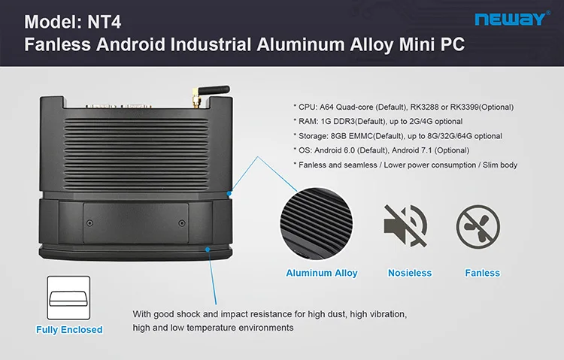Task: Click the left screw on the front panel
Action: pyautogui.click(x=89, y=222)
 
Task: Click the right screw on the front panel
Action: pyautogui.click(x=181, y=222)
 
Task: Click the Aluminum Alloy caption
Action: pyautogui.click(x=322, y=273)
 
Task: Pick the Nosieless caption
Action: pyautogui.click(x=409, y=273)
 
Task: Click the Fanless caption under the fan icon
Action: pyautogui.click(x=482, y=273)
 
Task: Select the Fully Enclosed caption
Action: pyautogui.click(x=69, y=329)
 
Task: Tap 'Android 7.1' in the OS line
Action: pyautogui.click(x=411, y=150)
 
